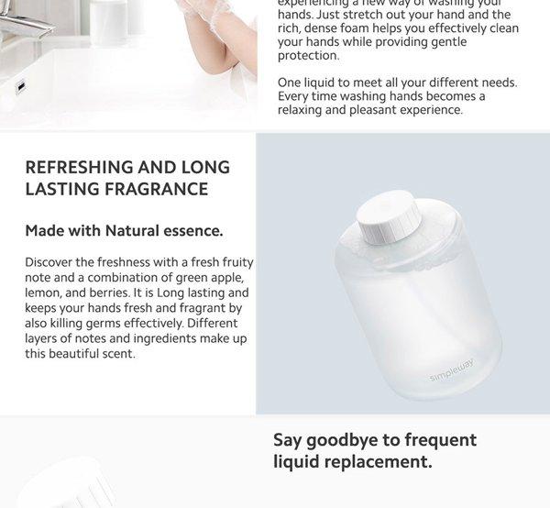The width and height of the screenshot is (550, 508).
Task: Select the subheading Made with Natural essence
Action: tap(124, 230)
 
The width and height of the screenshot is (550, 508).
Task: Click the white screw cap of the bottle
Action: tap(389, 224)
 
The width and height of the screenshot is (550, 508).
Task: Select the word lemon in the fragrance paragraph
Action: tap(43, 293)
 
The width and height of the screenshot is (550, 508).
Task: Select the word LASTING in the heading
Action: tap(60, 189)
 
